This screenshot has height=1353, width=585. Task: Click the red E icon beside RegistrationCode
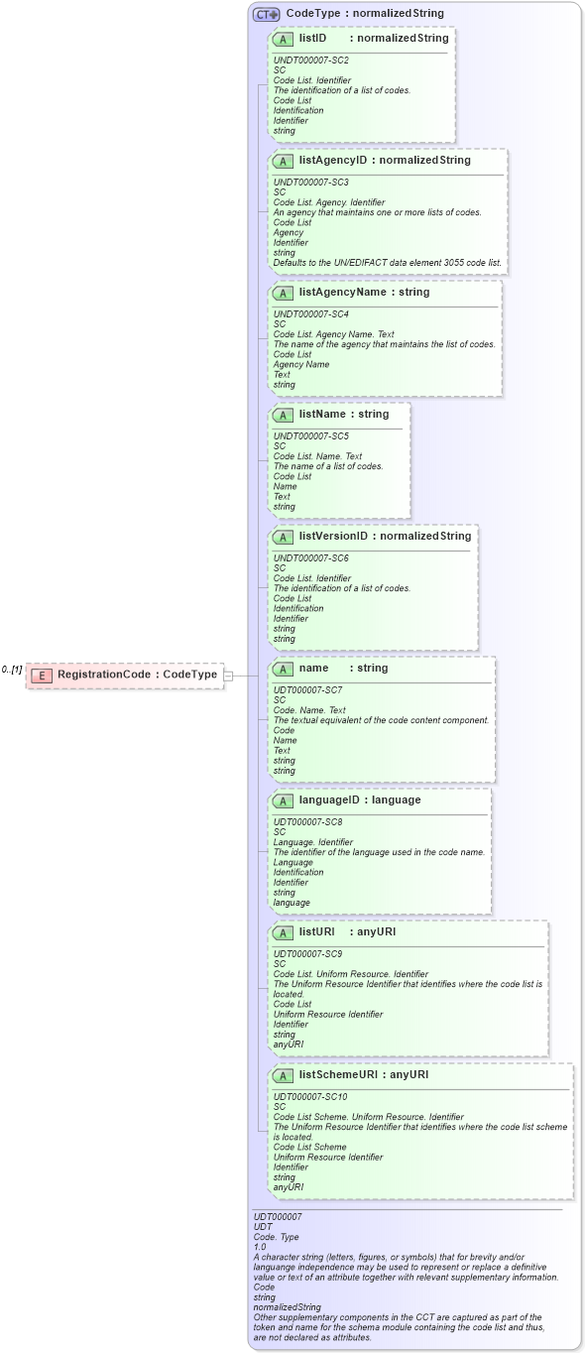42,675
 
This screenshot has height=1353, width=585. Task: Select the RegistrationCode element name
104,675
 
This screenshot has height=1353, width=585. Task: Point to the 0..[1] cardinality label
12,671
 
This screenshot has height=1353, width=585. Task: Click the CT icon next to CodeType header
266,14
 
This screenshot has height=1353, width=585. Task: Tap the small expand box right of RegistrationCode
228,675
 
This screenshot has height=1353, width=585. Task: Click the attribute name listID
312,38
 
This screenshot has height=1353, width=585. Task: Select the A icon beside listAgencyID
283,161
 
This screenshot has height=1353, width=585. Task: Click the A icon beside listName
283,415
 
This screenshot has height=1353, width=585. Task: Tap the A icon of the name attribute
283,669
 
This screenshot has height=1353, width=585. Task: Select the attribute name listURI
315,932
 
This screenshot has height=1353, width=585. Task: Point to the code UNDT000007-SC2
310,61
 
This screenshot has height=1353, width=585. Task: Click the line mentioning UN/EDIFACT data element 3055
389,263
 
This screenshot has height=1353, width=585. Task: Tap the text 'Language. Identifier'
312,842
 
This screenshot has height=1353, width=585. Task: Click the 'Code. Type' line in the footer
276,1237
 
